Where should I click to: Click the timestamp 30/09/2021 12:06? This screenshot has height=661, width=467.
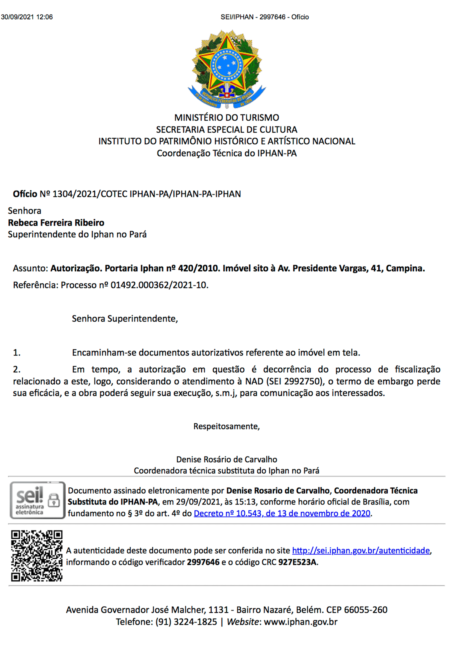pos(27,17)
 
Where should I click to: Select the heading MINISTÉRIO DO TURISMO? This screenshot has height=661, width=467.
pos(226,118)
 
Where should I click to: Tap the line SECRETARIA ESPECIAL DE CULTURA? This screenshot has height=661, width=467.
pos(226,130)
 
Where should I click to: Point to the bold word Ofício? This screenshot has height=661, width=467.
pos(25,194)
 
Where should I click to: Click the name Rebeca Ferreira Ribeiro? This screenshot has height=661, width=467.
pos(56,223)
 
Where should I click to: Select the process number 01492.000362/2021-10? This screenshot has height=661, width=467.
pos(159,285)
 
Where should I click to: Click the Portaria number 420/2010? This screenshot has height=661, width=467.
pos(198,268)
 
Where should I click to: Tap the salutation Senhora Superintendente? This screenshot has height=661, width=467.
pos(125,319)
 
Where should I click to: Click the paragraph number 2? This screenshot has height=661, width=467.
pos(17,369)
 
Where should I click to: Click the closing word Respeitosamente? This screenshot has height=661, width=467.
pos(226,426)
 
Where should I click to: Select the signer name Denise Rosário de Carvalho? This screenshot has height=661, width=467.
pos(226,459)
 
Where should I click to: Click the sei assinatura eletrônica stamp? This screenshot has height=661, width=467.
pos(37,500)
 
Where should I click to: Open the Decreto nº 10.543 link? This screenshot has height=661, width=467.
pos(282,513)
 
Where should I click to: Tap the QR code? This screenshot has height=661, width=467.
pos(36,556)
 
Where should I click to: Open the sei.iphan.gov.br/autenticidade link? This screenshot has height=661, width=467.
pos(361,551)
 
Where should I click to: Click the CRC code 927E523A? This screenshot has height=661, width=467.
pos(297,562)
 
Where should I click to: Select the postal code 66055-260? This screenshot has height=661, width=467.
pos(366,610)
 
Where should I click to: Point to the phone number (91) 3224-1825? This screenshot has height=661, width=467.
pos(186,622)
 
